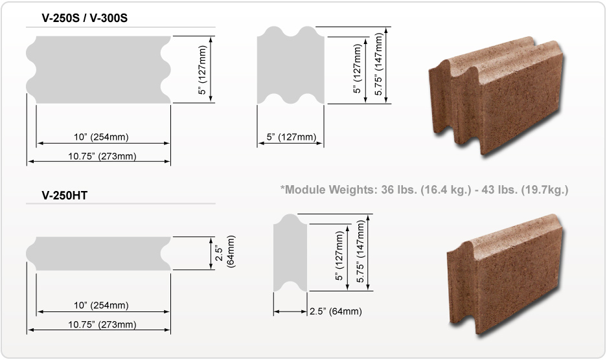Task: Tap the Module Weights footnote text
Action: click(424, 190)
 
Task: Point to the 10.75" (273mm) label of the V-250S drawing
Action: click(102, 156)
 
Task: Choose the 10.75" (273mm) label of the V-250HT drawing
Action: click(102, 324)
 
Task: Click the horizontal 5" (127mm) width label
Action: click(291, 137)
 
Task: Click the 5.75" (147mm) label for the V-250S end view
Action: click(380, 65)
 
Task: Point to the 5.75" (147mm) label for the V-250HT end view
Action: click(361, 251)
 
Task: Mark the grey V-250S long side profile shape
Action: click(98, 69)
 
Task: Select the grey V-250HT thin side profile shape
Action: click(98, 253)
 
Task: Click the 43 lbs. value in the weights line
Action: click(494, 190)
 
